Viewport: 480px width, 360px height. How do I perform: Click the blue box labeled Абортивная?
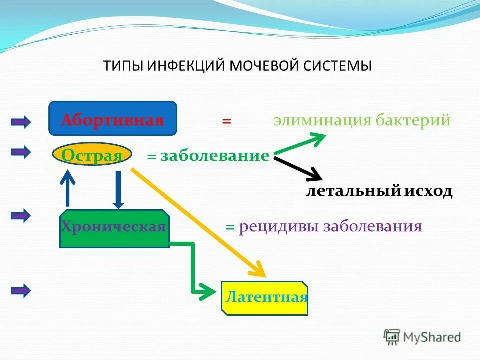112,118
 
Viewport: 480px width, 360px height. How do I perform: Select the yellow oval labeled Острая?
92,155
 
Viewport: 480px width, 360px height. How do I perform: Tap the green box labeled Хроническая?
114,229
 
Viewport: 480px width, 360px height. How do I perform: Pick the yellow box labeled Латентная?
264,298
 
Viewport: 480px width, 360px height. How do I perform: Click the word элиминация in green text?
321,120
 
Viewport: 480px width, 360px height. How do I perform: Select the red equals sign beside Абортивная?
227,121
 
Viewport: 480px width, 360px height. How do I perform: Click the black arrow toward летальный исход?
300,168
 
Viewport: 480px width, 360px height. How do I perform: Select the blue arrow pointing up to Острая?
67,187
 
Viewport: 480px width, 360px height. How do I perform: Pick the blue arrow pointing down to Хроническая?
118,189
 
